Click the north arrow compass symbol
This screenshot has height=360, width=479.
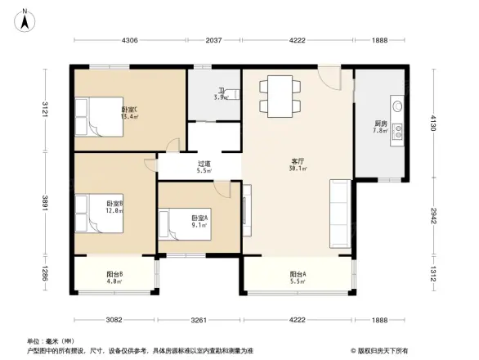[x=25, y=19]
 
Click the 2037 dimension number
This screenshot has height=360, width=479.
[x=213, y=40]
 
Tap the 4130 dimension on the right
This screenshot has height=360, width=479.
[x=433, y=124]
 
